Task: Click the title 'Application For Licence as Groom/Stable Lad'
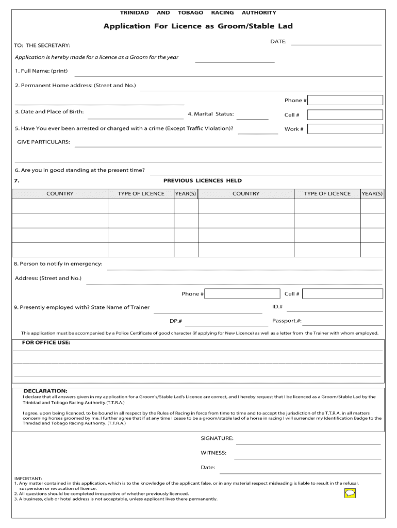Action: coord(198,26)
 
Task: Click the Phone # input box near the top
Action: coord(345,100)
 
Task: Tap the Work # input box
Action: coord(345,129)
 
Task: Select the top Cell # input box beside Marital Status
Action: coord(345,114)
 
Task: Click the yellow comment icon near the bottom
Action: coord(350,493)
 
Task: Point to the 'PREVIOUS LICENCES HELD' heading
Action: coord(202,181)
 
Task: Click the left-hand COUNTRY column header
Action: coord(60,194)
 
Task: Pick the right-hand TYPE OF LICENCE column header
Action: coord(327,194)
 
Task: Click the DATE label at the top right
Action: coord(278,41)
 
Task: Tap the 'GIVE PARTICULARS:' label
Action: coord(44,142)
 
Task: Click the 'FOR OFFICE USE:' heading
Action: coord(46,342)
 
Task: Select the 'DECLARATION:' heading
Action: coord(45,391)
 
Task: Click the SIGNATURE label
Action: coord(217,438)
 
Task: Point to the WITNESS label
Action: coord(213,453)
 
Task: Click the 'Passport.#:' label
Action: coord(287,321)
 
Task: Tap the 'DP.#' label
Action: coord(176,321)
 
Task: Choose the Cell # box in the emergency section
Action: coord(342,294)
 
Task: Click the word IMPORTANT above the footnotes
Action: coord(28,478)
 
